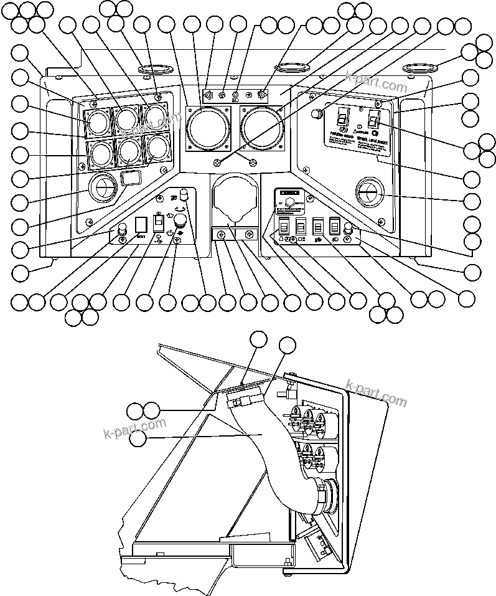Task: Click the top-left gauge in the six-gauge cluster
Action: tap(98, 121)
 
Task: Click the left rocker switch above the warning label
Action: tap(340, 116)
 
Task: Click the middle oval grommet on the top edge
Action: tap(291, 67)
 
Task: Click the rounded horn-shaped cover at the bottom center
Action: tap(233, 199)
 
